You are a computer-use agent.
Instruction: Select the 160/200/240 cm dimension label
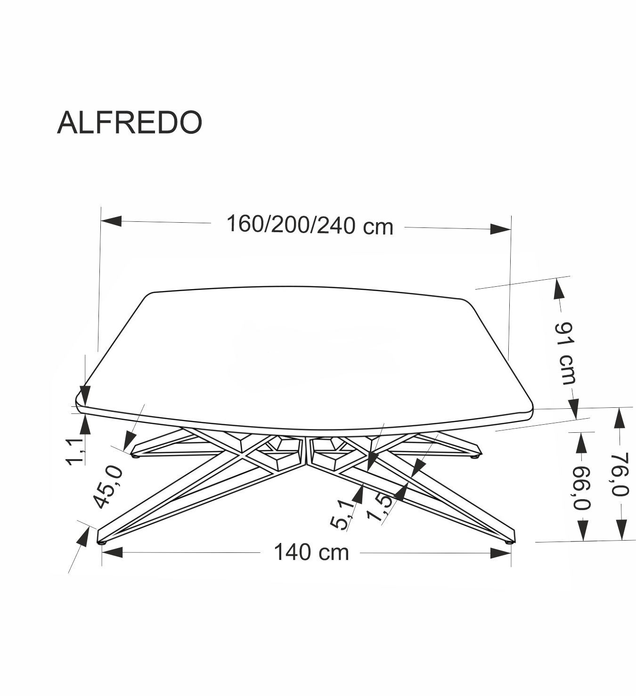tap(310, 225)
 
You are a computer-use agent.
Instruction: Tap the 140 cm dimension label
tap(311, 552)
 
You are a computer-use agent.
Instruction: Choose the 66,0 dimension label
tap(582, 488)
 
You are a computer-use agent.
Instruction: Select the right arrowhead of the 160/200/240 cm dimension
tap(500, 229)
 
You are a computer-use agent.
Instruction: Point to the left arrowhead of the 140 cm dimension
tap(112, 552)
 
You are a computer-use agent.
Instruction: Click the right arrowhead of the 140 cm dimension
tap(500, 553)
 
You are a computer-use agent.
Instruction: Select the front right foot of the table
tap(509, 542)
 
